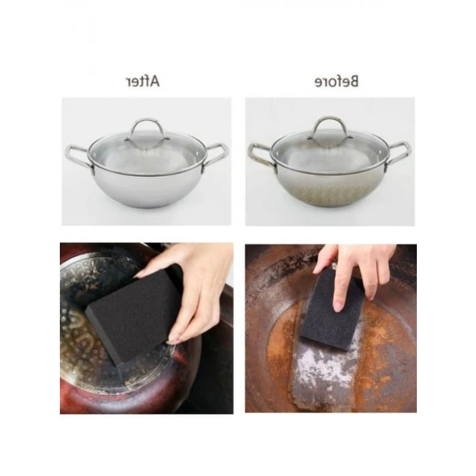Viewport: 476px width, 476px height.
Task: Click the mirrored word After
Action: coord(142,82)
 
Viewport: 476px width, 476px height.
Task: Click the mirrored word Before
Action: coord(337,82)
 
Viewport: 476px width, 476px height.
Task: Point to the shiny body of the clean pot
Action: coord(148,188)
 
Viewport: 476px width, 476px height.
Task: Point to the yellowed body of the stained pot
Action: coord(330,189)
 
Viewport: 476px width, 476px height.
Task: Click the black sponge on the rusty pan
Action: coord(333,309)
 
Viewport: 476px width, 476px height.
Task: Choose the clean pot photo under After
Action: coord(146,162)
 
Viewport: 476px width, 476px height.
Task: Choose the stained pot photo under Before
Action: coord(330,162)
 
